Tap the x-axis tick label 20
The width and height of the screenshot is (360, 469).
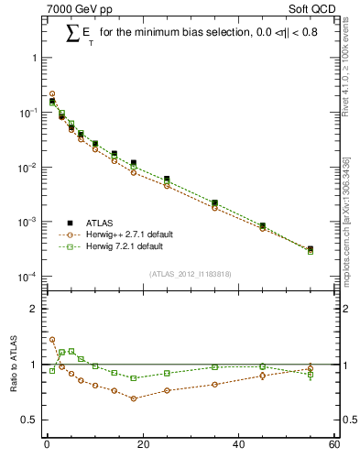[x=142, y=445]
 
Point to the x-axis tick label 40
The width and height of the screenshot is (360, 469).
[x=238, y=445]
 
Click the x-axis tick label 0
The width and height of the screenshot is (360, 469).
[x=47, y=445]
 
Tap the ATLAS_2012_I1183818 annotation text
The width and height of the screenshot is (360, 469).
[x=189, y=273]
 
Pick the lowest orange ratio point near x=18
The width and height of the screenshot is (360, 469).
[x=134, y=398]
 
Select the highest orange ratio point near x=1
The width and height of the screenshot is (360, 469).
[x=52, y=339]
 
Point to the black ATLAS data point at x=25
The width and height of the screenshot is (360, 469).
[x=167, y=179]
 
